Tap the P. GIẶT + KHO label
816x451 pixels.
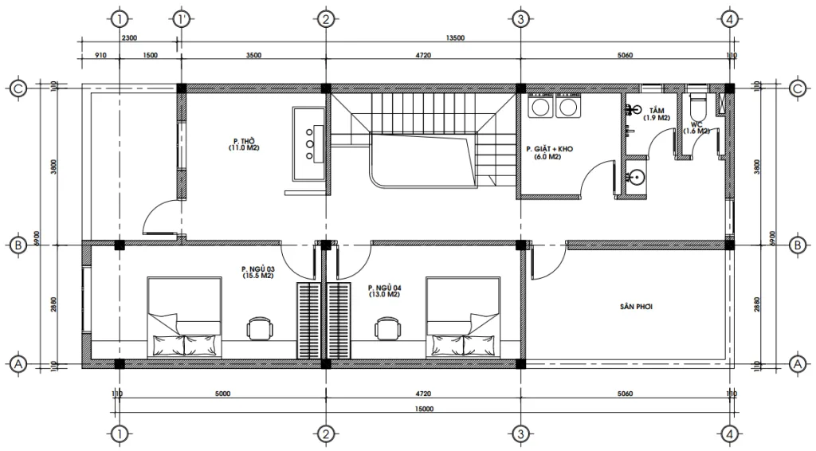tap(550, 151)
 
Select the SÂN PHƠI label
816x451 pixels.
tap(635, 305)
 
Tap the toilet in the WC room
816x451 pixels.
tap(697, 107)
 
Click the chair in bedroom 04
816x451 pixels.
tap(387, 327)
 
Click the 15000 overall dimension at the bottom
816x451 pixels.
tap(423, 409)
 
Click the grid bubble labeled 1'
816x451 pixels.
tap(182, 18)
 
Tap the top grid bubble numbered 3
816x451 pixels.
tap(520, 18)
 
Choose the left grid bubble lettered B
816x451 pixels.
tap(18, 245)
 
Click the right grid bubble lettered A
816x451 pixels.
tap(794, 363)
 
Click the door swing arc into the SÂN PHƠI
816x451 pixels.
tap(544, 268)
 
